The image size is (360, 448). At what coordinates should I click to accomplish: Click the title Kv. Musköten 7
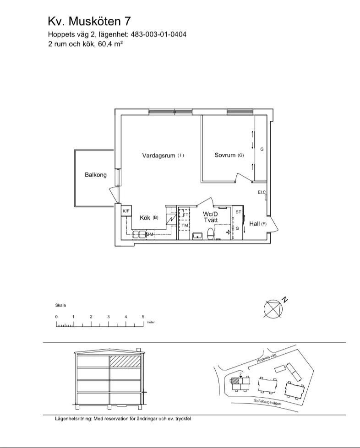tap(89, 21)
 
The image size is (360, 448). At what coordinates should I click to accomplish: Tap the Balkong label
tap(96, 174)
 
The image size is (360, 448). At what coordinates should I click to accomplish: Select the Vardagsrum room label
tap(158, 156)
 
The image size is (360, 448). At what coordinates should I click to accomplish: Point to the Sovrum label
tap(225, 155)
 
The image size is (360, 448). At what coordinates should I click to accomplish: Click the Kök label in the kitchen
tap(145, 218)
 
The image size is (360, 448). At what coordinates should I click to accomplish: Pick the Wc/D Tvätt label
tap(210, 217)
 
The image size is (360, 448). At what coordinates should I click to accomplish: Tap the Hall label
tap(255, 223)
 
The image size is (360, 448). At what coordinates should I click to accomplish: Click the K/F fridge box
tap(126, 211)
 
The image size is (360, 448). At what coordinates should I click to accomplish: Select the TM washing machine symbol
tap(185, 225)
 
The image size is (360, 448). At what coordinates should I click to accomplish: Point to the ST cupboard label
tap(239, 212)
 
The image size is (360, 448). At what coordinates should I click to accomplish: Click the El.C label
tap(262, 192)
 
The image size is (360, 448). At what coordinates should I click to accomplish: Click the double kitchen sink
tap(139, 234)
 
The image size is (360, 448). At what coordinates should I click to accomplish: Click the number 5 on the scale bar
tap(143, 317)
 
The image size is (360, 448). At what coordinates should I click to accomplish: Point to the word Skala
tap(60, 305)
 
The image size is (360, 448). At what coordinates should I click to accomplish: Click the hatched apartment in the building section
tap(125, 361)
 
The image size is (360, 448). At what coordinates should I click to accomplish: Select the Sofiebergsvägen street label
tap(267, 402)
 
